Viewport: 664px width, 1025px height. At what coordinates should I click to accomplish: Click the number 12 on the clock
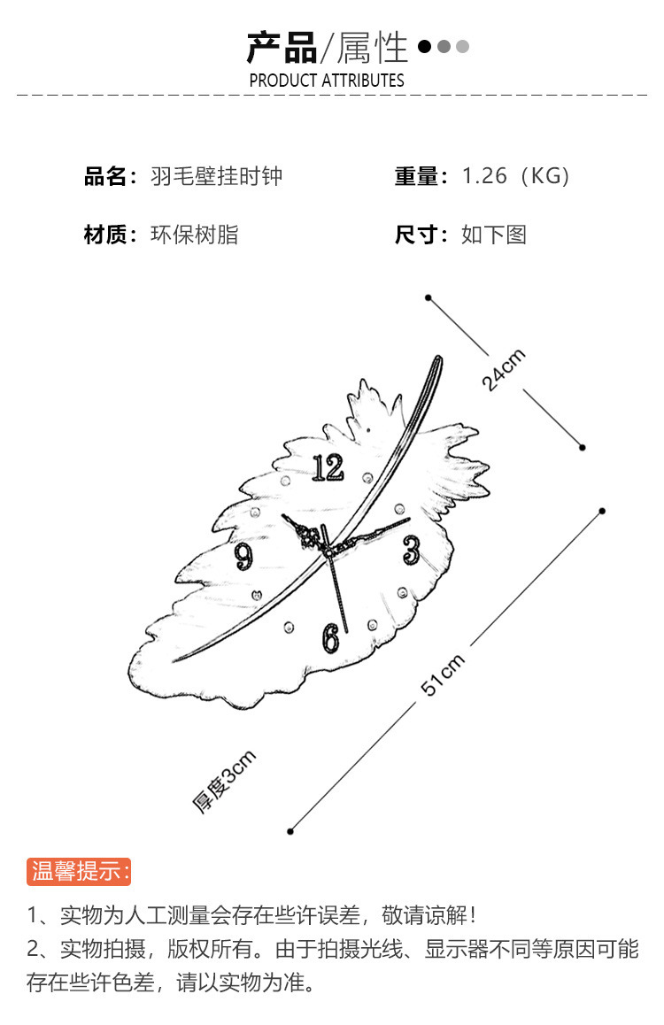click(x=328, y=466)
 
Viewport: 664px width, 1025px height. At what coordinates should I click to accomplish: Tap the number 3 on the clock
click(x=410, y=550)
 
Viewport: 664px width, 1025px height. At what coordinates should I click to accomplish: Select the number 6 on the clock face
click(x=330, y=636)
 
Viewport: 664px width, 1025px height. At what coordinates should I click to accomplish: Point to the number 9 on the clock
click(x=244, y=556)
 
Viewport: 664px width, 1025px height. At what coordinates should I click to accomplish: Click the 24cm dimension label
click(x=504, y=370)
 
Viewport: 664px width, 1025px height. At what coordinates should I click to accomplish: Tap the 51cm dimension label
click(x=443, y=675)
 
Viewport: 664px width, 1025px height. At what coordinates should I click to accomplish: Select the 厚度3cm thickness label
click(x=225, y=781)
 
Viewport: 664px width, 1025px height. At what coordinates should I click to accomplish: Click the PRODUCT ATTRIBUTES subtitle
click(x=327, y=81)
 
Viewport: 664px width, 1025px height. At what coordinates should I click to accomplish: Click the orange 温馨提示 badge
click(x=79, y=871)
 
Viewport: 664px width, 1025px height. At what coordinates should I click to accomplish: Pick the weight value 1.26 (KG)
click(x=516, y=176)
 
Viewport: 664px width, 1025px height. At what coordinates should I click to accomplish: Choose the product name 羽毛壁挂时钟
click(x=217, y=176)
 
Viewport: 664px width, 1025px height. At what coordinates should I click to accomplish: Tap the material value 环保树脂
click(x=195, y=235)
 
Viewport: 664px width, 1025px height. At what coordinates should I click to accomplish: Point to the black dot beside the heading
click(x=425, y=46)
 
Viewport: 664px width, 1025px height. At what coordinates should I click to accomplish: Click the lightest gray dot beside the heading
click(x=462, y=46)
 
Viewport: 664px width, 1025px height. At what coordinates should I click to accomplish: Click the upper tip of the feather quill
click(x=438, y=358)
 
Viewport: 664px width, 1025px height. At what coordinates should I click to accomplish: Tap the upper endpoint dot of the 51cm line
click(x=602, y=511)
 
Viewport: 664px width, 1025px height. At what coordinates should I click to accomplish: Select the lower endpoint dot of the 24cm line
click(x=583, y=447)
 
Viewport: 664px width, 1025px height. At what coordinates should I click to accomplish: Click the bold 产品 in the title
click(x=282, y=47)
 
